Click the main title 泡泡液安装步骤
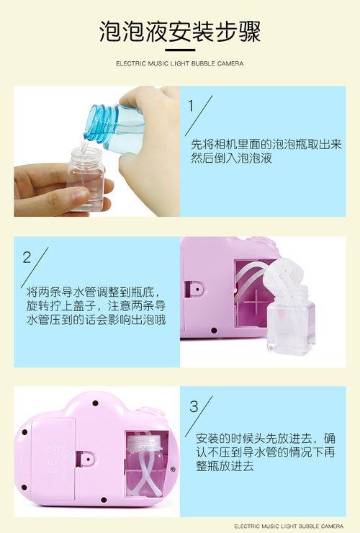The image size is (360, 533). click(180, 32)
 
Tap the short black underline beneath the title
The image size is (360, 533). click(180, 50)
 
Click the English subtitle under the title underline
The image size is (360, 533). click(180, 63)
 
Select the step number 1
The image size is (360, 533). click(191, 106)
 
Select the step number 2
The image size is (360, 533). click(27, 257)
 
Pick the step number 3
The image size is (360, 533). click(194, 406)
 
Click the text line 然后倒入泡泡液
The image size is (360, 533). click(231, 158)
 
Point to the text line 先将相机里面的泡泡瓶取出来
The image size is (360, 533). click(266, 144)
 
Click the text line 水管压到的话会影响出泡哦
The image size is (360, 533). click(96, 320)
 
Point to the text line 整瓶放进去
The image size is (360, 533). click(225, 466)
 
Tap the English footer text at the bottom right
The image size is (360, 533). click(289, 527)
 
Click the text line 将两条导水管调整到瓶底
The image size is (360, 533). click(91, 292)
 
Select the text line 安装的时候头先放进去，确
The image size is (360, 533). click(266, 439)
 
